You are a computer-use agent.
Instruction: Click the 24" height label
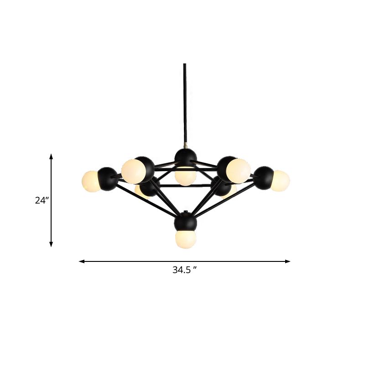pyautogui.click(x=42, y=200)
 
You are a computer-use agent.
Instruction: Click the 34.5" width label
pyautogui.click(x=184, y=270)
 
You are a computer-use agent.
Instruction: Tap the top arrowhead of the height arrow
pyautogui.click(x=51, y=156)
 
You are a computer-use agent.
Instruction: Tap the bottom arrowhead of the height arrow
pyautogui.click(x=51, y=245)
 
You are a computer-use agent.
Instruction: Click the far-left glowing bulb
pyautogui.click(x=91, y=181)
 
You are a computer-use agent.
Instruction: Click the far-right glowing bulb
pyautogui.click(x=280, y=180)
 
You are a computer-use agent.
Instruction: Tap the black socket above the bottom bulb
pyautogui.click(x=185, y=222)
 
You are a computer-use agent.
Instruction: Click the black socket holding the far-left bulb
pyautogui.click(x=108, y=178)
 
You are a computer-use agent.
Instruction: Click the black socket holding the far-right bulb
pyautogui.click(x=263, y=177)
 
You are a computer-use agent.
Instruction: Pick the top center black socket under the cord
pyautogui.click(x=185, y=157)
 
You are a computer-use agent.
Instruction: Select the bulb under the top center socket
pyautogui.click(x=185, y=176)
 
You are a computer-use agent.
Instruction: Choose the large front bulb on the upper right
pyautogui.click(x=238, y=170)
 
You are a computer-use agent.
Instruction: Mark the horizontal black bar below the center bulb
pyautogui.click(x=185, y=186)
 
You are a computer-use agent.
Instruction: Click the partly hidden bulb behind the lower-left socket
pyautogui.click(x=141, y=193)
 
